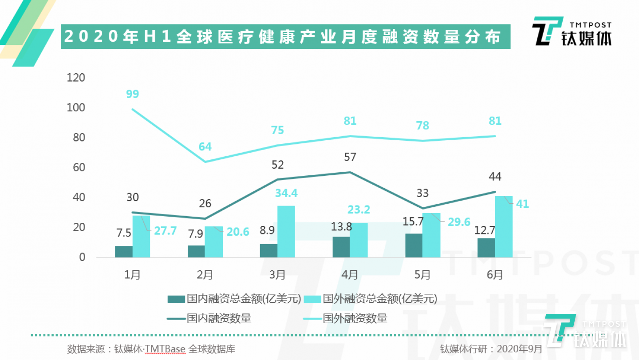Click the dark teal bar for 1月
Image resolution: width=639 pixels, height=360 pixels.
click(x=124, y=252)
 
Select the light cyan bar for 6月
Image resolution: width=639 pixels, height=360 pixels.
click(x=504, y=227)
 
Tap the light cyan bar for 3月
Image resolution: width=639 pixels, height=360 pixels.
click(x=286, y=232)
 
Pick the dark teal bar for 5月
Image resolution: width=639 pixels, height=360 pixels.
click(x=414, y=245)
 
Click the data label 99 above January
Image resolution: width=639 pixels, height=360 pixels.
click(x=132, y=94)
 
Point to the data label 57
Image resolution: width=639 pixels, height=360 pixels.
click(x=350, y=157)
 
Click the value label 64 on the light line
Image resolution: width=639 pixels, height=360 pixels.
click(x=205, y=146)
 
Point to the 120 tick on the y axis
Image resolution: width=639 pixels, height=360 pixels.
click(x=75, y=78)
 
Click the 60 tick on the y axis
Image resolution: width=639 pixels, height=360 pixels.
click(x=78, y=168)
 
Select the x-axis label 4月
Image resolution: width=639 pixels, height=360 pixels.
click(x=350, y=275)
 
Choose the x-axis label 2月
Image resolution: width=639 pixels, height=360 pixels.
click(x=205, y=275)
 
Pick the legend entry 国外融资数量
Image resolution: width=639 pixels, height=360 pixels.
click(x=346, y=318)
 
